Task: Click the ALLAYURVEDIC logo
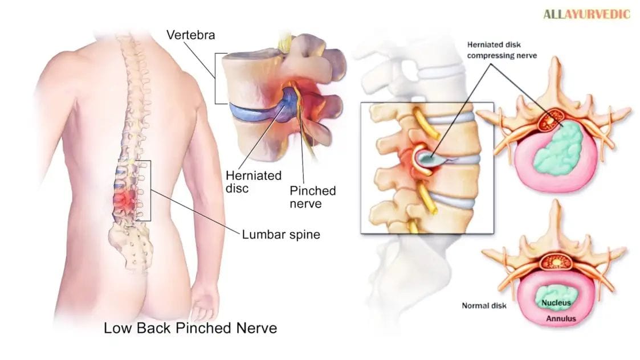(586, 14)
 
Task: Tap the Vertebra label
(190, 35)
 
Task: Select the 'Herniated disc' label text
(254, 182)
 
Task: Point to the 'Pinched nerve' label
(313, 197)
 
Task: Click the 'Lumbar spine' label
(281, 234)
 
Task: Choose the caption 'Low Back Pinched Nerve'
(190, 328)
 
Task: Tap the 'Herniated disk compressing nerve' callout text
(502, 50)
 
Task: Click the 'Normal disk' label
(484, 305)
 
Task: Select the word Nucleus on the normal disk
(556, 303)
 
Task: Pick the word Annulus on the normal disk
(561, 318)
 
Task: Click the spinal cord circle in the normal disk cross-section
(556, 261)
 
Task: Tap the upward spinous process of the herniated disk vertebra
(555, 81)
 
